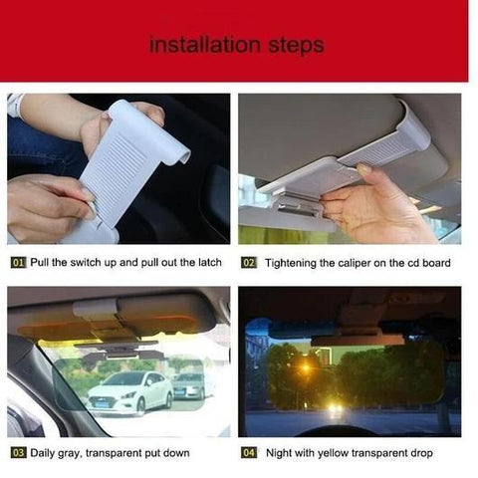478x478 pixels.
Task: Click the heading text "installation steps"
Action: click(x=237, y=46)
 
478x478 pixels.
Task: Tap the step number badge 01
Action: click(x=18, y=262)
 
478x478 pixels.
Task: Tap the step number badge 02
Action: click(x=249, y=262)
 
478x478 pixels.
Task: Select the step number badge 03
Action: click(x=18, y=453)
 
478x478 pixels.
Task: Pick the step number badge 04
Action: click(x=249, y=453)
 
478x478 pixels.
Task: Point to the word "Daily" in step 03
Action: click(x=46, y=453)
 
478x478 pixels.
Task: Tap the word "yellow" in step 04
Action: click(x=347, y=453)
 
